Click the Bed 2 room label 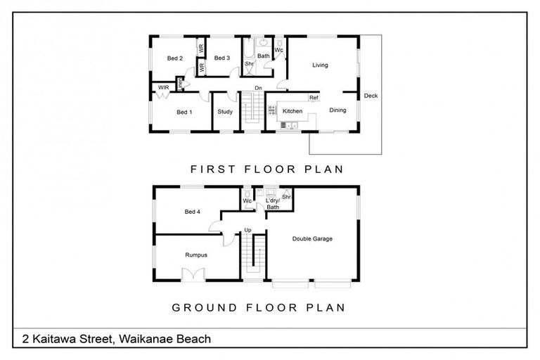click(175, 58)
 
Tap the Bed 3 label click(222, 58)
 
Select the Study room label click(225, 112)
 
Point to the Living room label click(320, 65)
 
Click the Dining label click(337, 110)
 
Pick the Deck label click(371, 96)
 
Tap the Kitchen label click(292, 111)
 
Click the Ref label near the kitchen click(314, 98)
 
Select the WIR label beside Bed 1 click(163, 87)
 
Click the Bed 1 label click(184, 112)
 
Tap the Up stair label click(247, 230)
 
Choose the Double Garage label click(312, 239)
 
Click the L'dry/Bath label click(272, 204)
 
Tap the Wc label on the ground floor click(247, 200)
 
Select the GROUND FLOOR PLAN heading click(258, 307)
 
